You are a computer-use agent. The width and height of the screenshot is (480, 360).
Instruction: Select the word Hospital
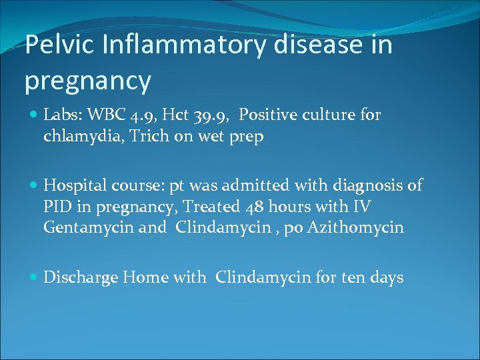(x=73, y=185)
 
